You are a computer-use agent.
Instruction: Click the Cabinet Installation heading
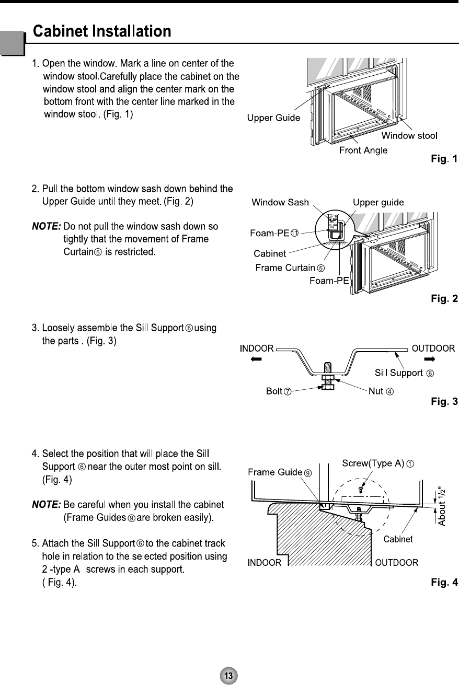coord(102,32)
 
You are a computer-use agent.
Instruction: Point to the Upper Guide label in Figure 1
coord(273,118)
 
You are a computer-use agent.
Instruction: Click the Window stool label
coord(409,136)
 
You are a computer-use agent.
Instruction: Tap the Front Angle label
coord(363,150)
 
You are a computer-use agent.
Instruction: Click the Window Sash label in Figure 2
coord(280,202)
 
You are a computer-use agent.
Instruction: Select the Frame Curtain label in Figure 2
coord(290,268)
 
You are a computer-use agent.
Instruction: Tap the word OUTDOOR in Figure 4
coord(397,563)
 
